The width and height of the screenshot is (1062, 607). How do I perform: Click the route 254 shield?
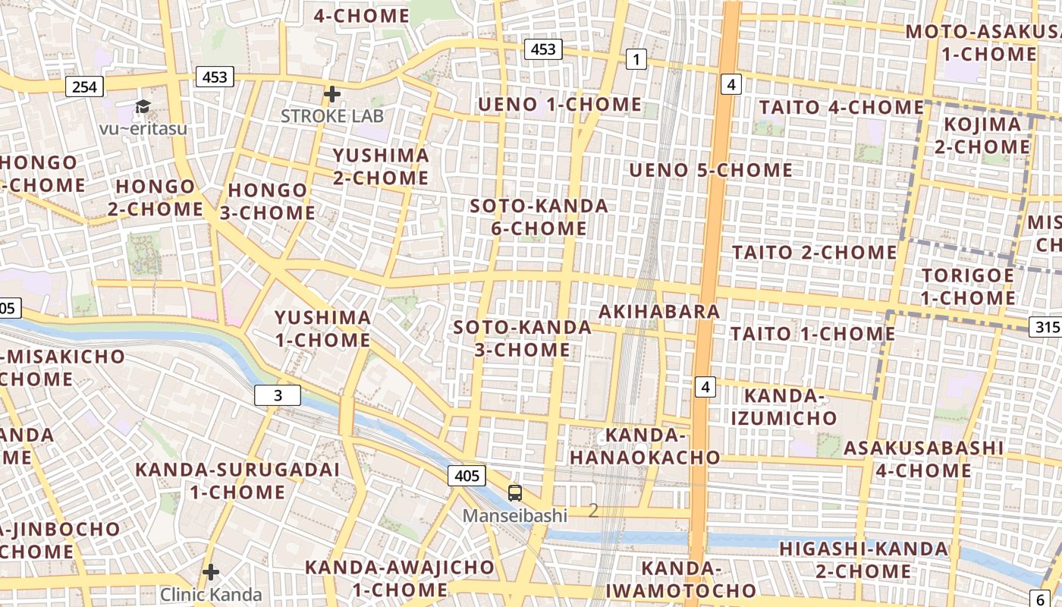[x=84, y=86]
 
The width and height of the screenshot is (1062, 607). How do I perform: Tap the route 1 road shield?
[x=636, y=59]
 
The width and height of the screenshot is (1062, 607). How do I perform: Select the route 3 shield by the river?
[x=278, y=395]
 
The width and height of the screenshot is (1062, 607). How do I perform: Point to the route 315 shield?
[x=1045, y=327]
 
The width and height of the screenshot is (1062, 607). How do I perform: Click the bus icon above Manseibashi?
[x=515, y=493]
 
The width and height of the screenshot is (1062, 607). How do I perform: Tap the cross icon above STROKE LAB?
[x=331, y=94]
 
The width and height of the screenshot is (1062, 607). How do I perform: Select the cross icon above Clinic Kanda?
[x=211, y=571]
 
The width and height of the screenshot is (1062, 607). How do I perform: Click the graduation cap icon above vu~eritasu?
[x=143, y=107]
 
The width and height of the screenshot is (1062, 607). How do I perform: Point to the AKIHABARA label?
[x=659, y=312]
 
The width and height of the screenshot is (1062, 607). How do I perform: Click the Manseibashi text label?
[x=515, y=516]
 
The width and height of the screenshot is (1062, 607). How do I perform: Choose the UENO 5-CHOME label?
[x=711, y=170]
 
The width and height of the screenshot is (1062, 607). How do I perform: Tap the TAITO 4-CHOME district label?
[x=840, y=108]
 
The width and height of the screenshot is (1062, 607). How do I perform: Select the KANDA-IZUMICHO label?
[x=784, y=407]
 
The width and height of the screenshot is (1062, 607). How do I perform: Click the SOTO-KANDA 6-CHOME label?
[x=539, y=217]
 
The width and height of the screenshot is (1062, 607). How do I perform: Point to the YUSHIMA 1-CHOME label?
[x=322, y=329]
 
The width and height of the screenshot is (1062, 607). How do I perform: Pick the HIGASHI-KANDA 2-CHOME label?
[x=863, y=560]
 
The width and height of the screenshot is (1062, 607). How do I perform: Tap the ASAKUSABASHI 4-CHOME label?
[x=923, y=459]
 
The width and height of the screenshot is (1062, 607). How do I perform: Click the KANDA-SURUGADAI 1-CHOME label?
[x=237, y=480]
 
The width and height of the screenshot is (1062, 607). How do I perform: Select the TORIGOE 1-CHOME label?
[x=968, y=286]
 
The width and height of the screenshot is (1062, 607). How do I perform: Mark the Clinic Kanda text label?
[x=211, y=595]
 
